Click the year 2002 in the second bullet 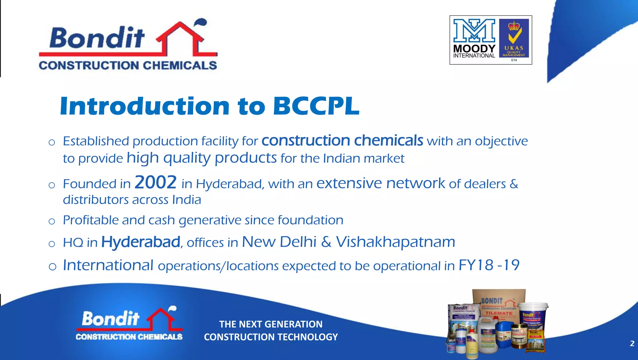point(155,182)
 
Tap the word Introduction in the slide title point(145,106)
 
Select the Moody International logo point(474,39)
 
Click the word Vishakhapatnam point(395,242)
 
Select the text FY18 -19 point(489,265)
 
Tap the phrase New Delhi point(279,242)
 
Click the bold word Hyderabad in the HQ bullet point(141,242)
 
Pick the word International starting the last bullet point(108,265)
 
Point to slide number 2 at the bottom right point(632,343)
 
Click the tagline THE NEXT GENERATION point(271,324)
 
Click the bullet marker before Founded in point(52,185)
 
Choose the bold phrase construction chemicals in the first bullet point(342,141)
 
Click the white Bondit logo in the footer point(129,324)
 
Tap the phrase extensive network point(380,183)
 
